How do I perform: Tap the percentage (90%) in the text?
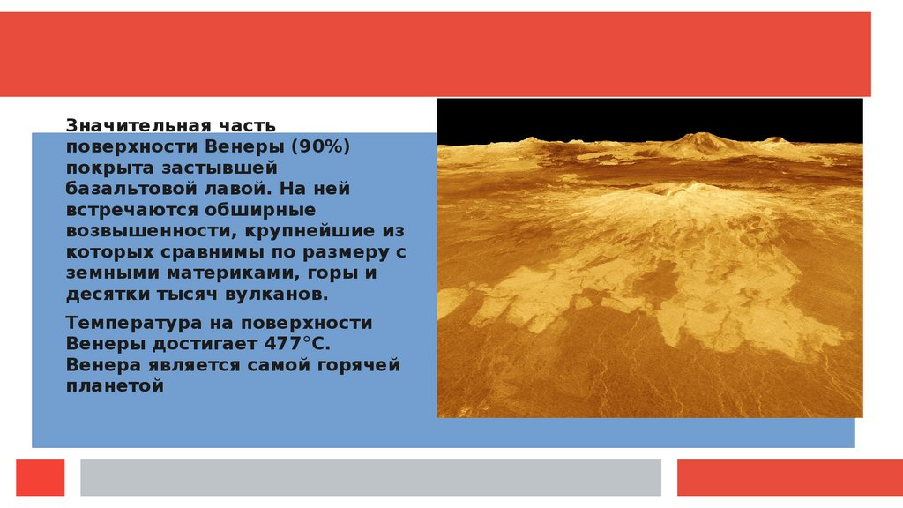point(320,146)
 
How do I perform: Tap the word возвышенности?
point(153,231)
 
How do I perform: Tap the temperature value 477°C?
point(297,344)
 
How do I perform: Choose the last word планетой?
point(115,386)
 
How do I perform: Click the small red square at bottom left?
point(41,477)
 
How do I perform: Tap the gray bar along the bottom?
point(370,477)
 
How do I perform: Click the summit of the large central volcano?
point(691,185)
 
